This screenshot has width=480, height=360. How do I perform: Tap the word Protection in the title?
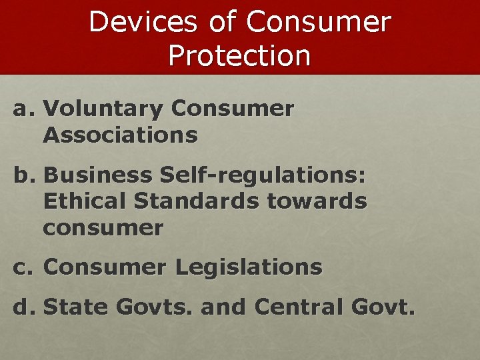[239, 56]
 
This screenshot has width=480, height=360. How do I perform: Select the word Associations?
[120, 135]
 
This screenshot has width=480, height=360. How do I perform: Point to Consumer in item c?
[105, 267]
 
